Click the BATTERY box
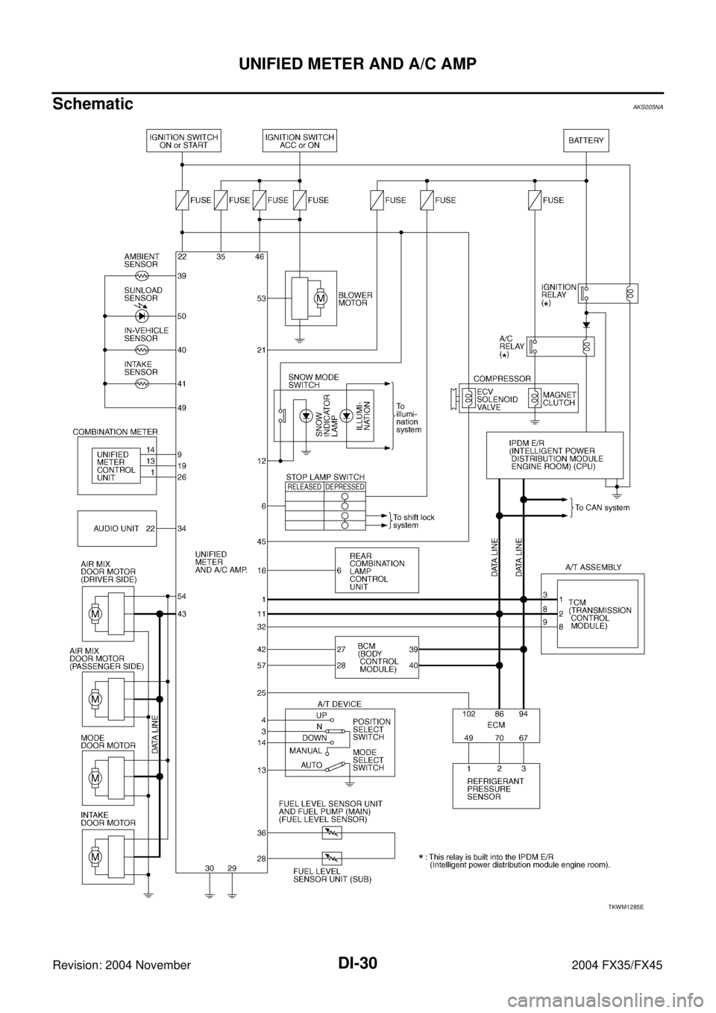click(x=585, y=141)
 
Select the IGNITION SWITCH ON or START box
click(x=183, y=141)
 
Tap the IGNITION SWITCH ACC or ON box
click(x=299, y=141)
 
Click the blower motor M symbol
click(x=321, y=298)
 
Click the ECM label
click(x=496, y=723)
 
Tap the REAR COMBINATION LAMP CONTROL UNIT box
click(x=377, y=570)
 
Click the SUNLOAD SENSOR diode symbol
click(x=142, y=316)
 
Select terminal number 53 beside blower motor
click(x=262, y=298)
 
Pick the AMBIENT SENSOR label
click(x=142, y=260)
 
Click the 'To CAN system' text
click(x=603, y=508)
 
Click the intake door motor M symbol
click(x=95, y=857)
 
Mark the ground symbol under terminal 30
click(x=210, y=895)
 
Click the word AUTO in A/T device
click(x=312, y=765)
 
